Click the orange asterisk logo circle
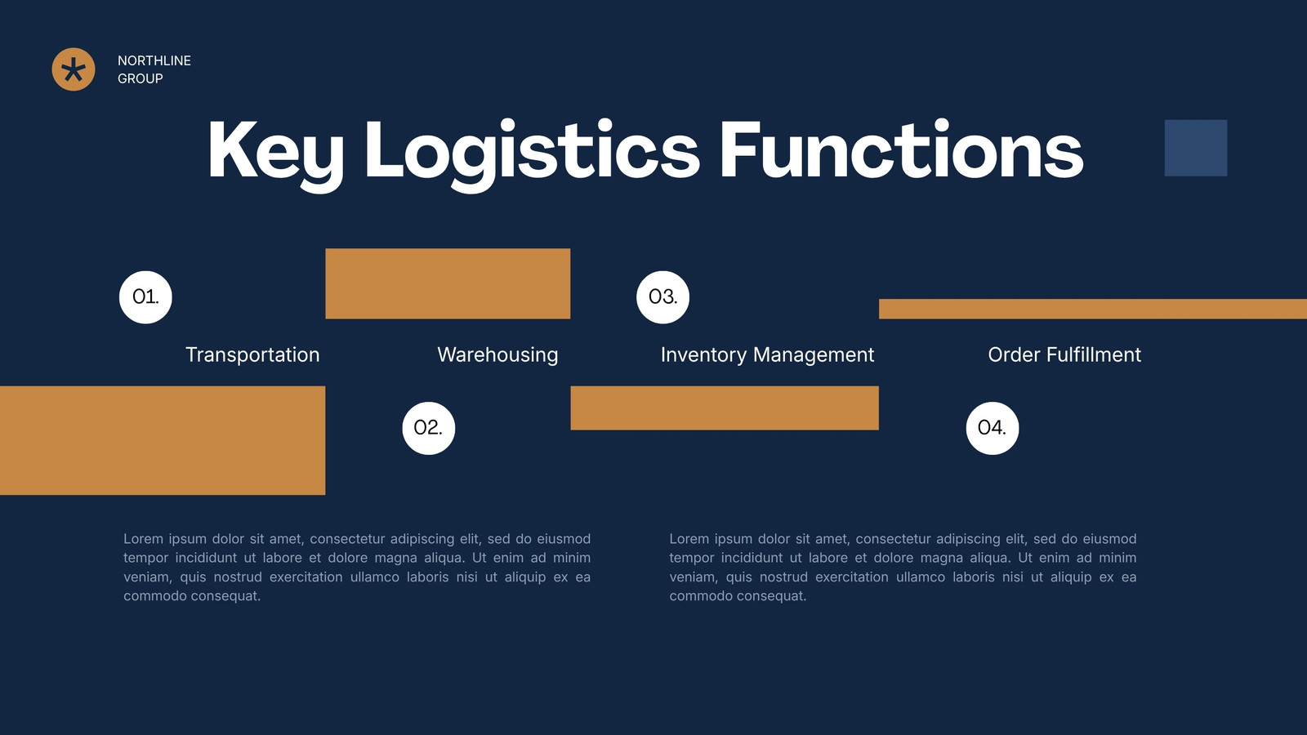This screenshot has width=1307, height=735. pyautogui.click(x=74, y=69)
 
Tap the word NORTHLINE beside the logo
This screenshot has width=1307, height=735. pyautogui.click(x=154, y=60)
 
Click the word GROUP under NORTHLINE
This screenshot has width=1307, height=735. pyautogui.click(x=140, y=78)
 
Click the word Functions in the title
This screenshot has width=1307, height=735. pyautogui.click(x=902, y=149)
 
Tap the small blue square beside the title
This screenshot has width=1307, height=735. pyautogui.click(x=1196, y=148)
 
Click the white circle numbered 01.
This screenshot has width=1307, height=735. pyautogui.click(x=145, y=297)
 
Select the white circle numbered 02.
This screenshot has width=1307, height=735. pyautogui.click(x=428, y=428)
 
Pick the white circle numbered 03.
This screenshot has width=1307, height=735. pyautogui.click(x=662, y=297)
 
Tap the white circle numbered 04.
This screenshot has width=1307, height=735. pyautogui.click(x=993, y=428)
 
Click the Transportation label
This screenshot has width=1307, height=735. pyautogui.click(x=252, y=354)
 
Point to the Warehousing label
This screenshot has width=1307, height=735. pyautogui.click(x=497, y=355)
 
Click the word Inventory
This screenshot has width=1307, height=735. pyautogui.click(x=703, y=355)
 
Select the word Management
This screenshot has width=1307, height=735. pyautogui.click(x=814, y=355)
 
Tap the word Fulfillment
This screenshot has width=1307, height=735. pyautogui.click(x=1094, y=354)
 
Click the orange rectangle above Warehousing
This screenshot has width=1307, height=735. pyautogui.click(x=448, y=283)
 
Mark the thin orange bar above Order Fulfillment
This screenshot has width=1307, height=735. pyautogui.click(x=1093, y=310)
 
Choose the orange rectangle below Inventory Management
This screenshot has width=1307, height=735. pyautogui.click(x=725, y=408)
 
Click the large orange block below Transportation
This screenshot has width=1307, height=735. pyautogui.click(x=163, y=440)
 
